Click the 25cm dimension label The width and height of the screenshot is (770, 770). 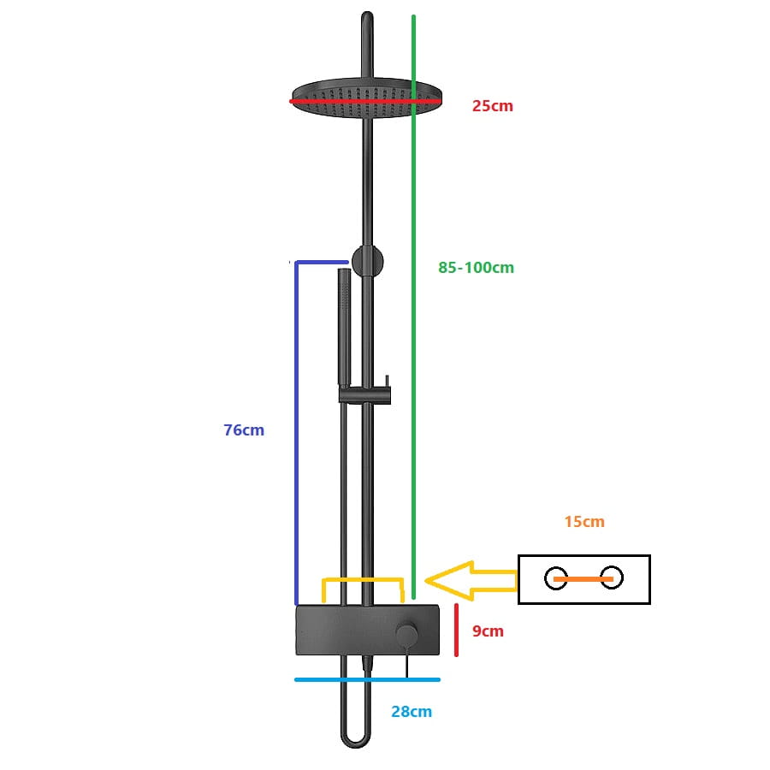coord(493,106)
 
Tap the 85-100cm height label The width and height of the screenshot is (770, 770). coord(476,267)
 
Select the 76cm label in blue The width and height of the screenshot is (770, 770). coord(244,430)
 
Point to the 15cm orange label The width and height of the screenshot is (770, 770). coord(584,521)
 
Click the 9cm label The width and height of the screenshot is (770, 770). coord(488,631)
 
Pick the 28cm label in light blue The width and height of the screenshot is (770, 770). coord(412,711)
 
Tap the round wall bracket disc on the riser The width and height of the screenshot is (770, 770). coord(368,260)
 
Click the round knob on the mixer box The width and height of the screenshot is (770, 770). coord(407,634)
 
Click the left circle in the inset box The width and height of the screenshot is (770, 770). coord(555,578)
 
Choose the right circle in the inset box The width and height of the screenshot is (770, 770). coord(612,578)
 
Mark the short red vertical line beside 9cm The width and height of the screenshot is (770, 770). coord(456,631)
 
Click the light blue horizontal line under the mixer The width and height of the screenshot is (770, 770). coord(367,680)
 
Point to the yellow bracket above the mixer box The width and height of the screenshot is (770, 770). coord(362,581)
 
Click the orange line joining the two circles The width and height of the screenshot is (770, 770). coord(583,579)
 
